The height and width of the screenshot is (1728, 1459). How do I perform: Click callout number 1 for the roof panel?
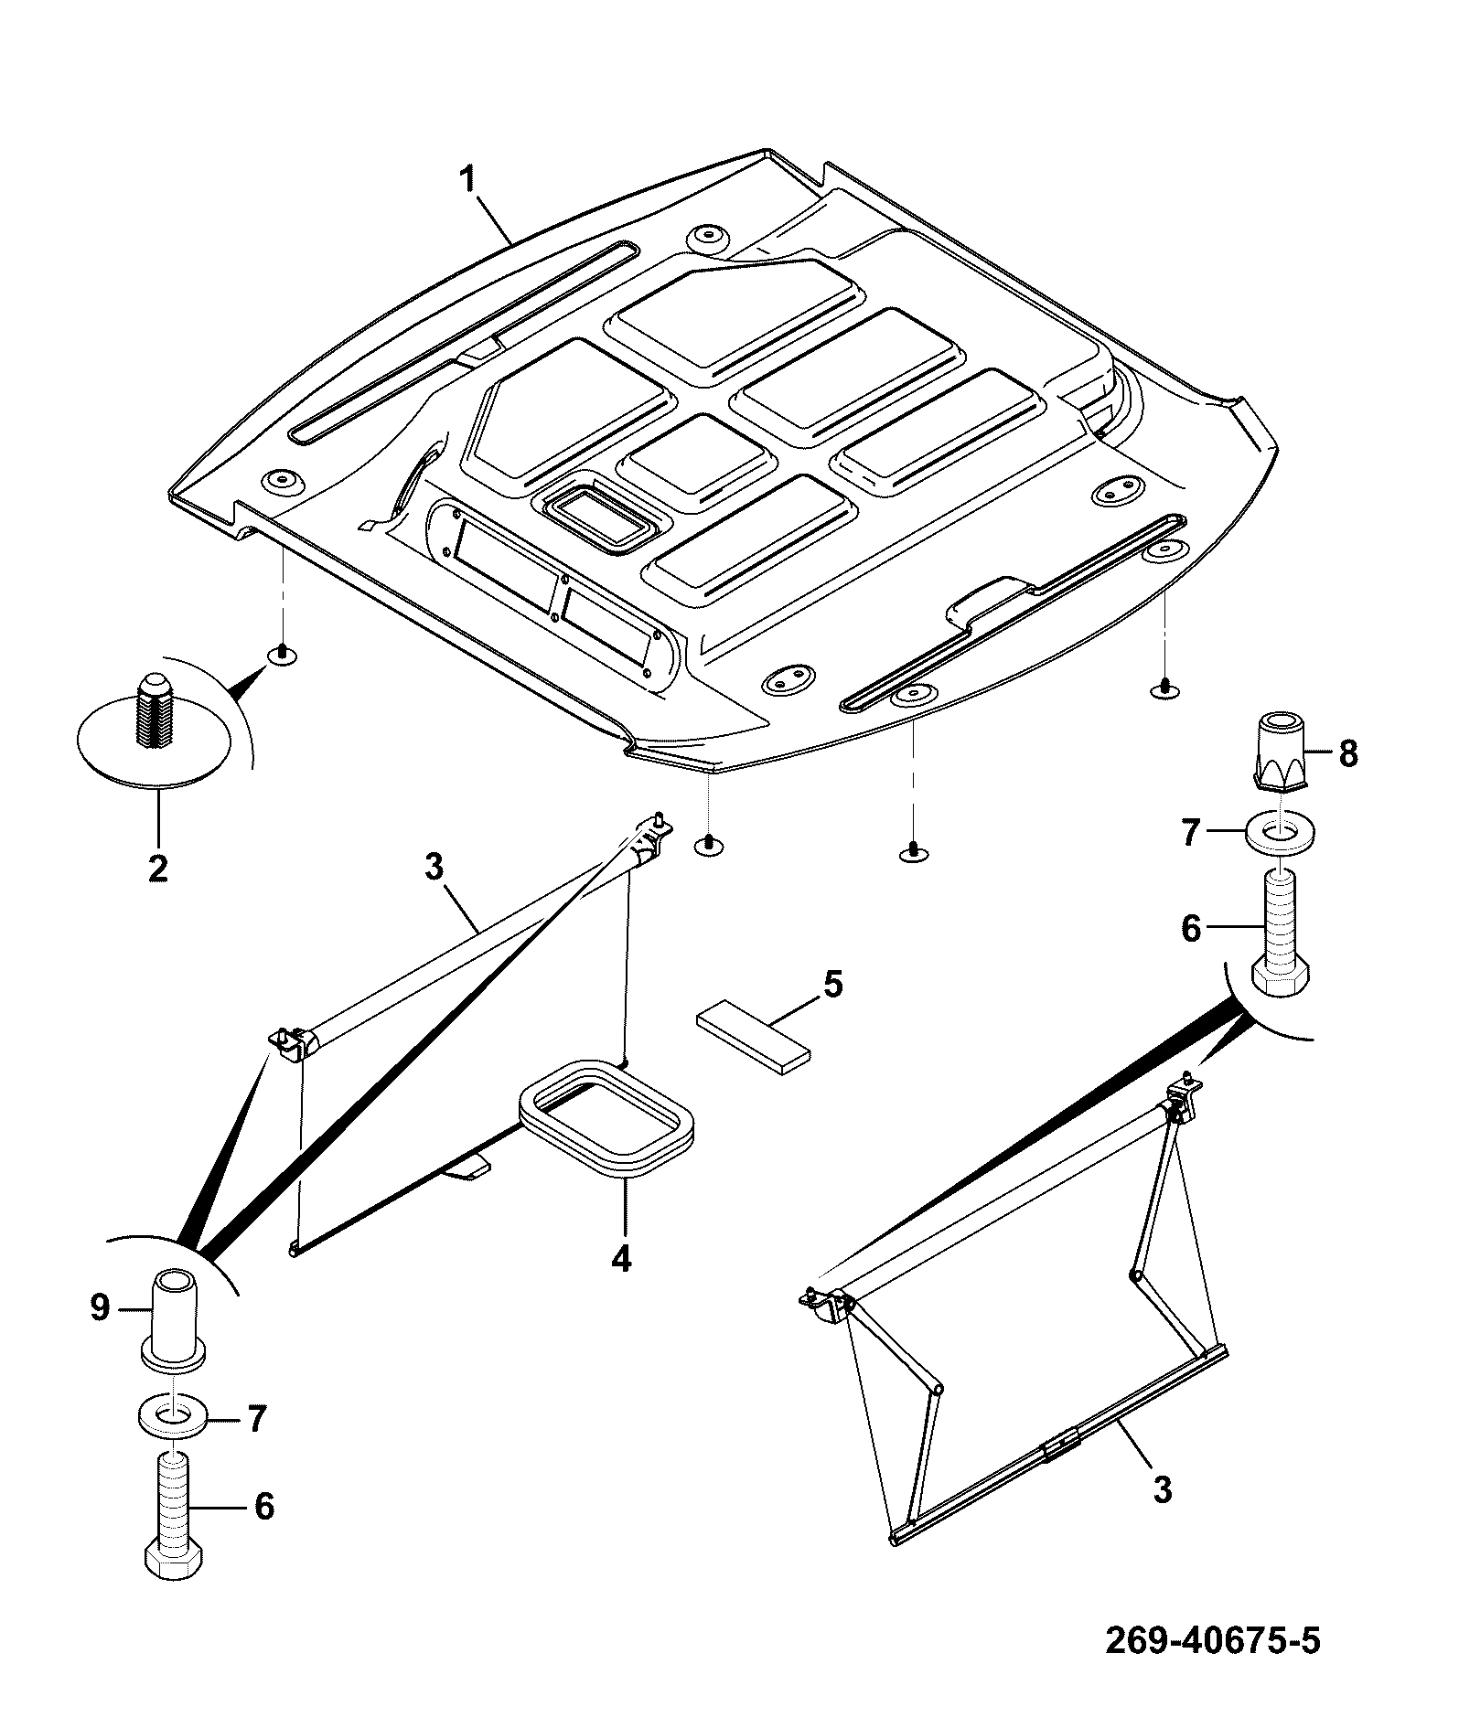(x=467, y=178)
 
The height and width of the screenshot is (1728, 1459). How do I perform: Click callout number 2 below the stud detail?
(x=158, y=866)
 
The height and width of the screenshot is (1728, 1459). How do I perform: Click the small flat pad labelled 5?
(x=755, y=1039)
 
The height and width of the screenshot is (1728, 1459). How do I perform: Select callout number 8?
(x=1347, y=754)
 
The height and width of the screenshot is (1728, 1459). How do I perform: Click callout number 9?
(x=100, y=1309)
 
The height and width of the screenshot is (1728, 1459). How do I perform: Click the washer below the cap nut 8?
(x=1280, y=833)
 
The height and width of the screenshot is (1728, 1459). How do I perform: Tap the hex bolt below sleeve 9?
(x=174, y=1523)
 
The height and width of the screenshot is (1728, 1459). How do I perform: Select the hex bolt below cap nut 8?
(x=1280, y=932)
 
